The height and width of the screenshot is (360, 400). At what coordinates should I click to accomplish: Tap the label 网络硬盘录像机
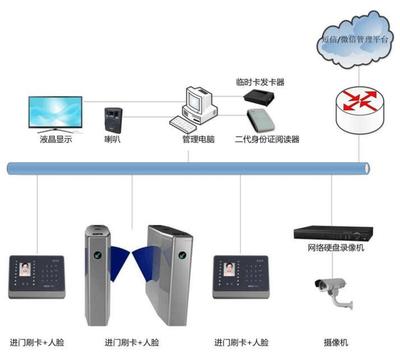[x=336, y=248]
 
